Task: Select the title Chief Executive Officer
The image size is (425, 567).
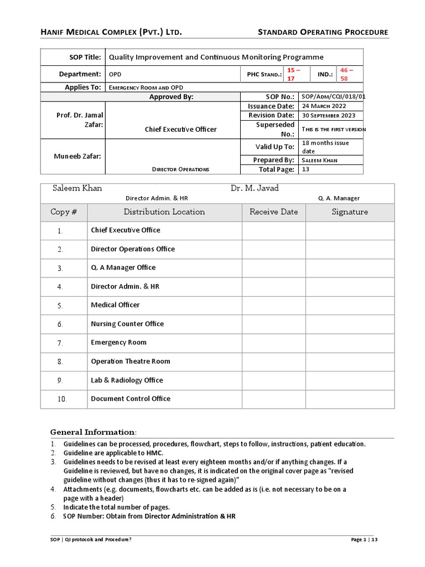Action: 173,130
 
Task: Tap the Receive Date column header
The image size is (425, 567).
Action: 273,212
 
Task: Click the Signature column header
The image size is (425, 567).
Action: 350,212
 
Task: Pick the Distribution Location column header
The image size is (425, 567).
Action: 164,212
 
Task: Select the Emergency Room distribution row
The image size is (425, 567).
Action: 118,343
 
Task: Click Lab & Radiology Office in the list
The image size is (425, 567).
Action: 127,380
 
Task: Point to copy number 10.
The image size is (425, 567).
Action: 63,399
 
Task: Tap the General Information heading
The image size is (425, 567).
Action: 93,432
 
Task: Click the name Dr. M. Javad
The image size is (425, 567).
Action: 255,188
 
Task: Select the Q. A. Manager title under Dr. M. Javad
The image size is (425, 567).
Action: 339,198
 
